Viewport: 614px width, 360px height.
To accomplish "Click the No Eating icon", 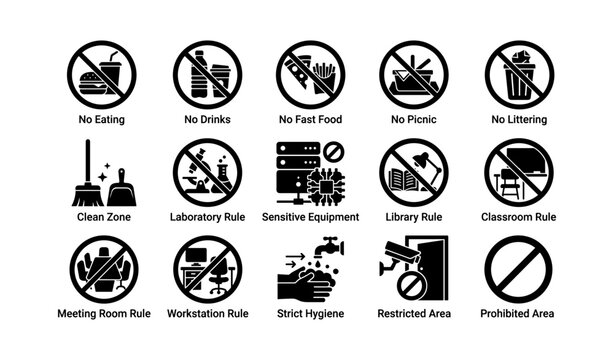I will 101,75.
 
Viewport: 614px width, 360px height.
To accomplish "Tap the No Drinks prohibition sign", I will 204,75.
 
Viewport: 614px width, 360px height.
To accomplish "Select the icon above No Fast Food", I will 308,75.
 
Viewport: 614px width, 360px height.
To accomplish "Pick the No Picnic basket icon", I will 412,75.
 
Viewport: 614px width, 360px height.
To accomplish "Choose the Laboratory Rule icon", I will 204,171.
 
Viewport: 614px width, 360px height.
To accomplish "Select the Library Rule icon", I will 412,171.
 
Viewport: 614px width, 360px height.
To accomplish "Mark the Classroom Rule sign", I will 518,171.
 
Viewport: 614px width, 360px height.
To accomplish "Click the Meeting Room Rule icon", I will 101,268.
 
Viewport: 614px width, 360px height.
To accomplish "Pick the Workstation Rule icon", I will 204,268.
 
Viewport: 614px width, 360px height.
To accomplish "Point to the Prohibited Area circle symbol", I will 518,268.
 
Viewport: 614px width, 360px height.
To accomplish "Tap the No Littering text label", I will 518,120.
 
